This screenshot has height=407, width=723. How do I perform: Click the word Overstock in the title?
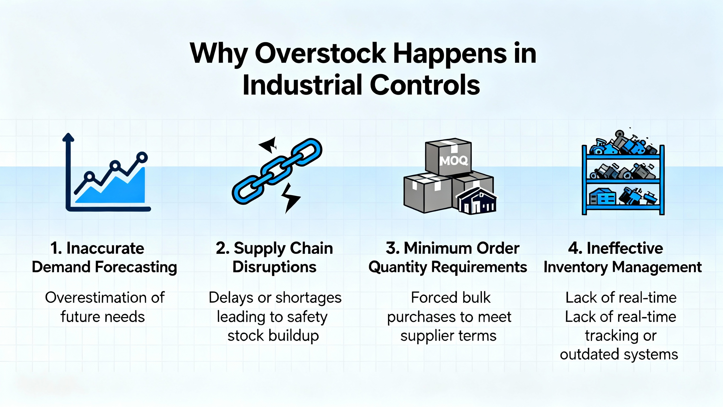320,53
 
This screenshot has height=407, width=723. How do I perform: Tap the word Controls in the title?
425,85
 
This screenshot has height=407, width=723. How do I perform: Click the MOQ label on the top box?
453,161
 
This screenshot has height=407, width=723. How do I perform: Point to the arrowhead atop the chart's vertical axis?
68,137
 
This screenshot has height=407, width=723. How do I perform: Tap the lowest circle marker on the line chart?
90,177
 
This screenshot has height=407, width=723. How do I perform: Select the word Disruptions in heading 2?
275,267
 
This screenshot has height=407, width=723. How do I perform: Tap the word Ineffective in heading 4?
625,248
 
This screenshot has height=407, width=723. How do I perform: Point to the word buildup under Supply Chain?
293,336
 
